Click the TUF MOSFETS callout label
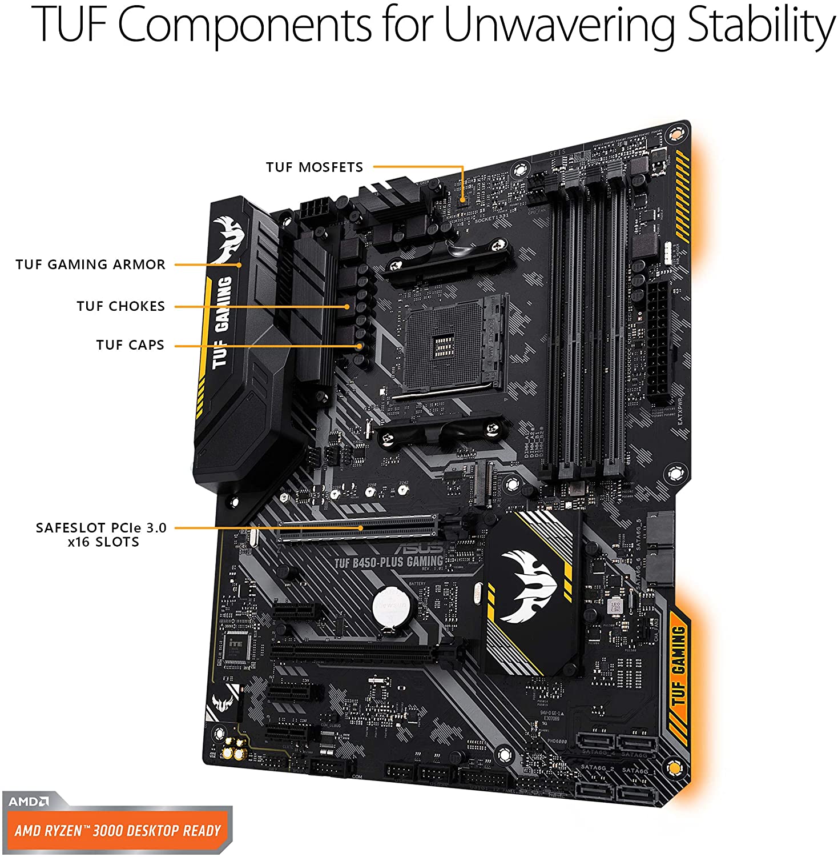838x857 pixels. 314,167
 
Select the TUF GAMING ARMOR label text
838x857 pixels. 90,265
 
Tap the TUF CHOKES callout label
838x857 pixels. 120,306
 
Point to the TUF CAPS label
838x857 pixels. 130,345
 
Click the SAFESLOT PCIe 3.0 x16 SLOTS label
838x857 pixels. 101,535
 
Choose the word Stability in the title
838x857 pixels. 760,26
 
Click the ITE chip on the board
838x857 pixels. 235,646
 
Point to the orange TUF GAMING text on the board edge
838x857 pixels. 678,666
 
